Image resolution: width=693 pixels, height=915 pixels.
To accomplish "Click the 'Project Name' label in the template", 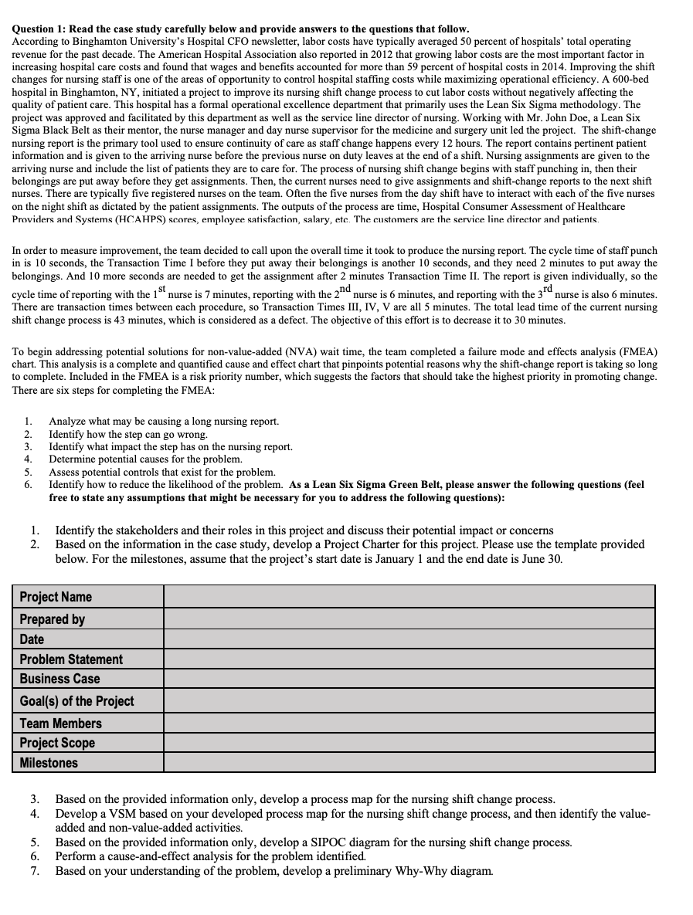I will pyautogui.click(x=56, y=597).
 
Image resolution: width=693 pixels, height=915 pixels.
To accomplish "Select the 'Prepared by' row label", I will pyautogui.click(x=53, y=619).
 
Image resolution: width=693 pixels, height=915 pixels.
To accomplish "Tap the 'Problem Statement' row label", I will pyautogui.click(x=71, y=659).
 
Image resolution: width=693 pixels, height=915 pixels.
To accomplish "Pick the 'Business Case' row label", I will pyautogui.click(x=59, y=679).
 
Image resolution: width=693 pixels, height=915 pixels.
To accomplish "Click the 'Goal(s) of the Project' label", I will pyautogui.click(x=76, y=701).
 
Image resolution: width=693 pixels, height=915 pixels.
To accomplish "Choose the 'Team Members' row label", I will pyautogui.click(x=60, y=724).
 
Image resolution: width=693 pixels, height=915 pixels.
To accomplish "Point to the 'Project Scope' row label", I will pyautogui.click(x=57, y=743).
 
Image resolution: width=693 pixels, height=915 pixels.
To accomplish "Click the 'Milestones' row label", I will pyautogui.click(x=49, y=763).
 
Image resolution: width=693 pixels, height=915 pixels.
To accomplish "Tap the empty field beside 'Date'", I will pyautogui.click(x=409, y=639).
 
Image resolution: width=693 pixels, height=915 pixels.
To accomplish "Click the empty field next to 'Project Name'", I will pyautogui.click(x=409, y=597).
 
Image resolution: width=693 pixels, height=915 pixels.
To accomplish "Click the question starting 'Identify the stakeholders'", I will pyautogui.click(x=304, y=530).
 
